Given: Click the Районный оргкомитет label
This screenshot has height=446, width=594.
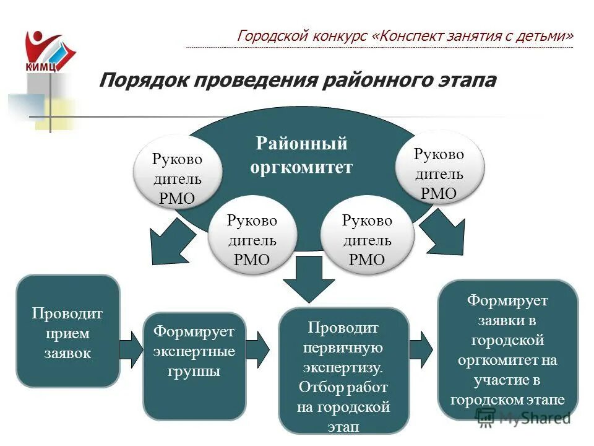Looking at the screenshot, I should coord(301,155).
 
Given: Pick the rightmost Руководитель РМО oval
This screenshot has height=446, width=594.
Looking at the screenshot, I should coord(439,173).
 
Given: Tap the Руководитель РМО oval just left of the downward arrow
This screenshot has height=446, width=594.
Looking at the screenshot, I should coord(252,239).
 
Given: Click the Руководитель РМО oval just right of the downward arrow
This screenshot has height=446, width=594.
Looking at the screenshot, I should coord(367,239).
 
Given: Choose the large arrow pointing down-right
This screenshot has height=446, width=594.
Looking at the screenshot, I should coord(446,234).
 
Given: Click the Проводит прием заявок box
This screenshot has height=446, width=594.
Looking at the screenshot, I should coord(67,331).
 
